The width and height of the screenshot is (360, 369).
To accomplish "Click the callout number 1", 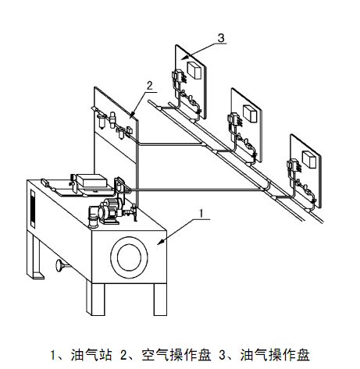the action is pos(201,213).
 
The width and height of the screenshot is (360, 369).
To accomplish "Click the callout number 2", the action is pos(149,86).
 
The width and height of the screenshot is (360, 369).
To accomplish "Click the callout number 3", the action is pos(221,38).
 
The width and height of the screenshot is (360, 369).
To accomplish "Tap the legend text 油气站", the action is pos(91,355).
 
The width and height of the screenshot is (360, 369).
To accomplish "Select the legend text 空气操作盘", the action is pos(176,355).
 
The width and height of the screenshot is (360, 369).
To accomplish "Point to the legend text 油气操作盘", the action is pos(275,355).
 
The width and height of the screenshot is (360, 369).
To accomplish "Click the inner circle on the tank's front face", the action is pos(129,257).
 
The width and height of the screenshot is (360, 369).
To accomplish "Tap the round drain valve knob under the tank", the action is pos(60,266).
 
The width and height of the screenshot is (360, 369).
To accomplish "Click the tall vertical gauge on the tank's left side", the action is pos(33,208).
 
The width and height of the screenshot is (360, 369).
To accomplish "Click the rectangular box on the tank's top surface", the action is pos(91,180).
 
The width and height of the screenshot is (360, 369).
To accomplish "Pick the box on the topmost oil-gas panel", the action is pos(194,70).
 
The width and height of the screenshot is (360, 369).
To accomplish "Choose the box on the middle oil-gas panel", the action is pos(250,113).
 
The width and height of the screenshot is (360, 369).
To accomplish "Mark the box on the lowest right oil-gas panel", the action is pos(309,159).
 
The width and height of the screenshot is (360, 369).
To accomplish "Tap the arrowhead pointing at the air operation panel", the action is pos(132,115).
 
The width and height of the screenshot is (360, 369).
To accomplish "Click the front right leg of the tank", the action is pos(160,299).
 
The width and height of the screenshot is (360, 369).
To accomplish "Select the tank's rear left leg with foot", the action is pos(35,256).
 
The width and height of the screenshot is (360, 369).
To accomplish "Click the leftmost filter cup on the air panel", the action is pos(101,122).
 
